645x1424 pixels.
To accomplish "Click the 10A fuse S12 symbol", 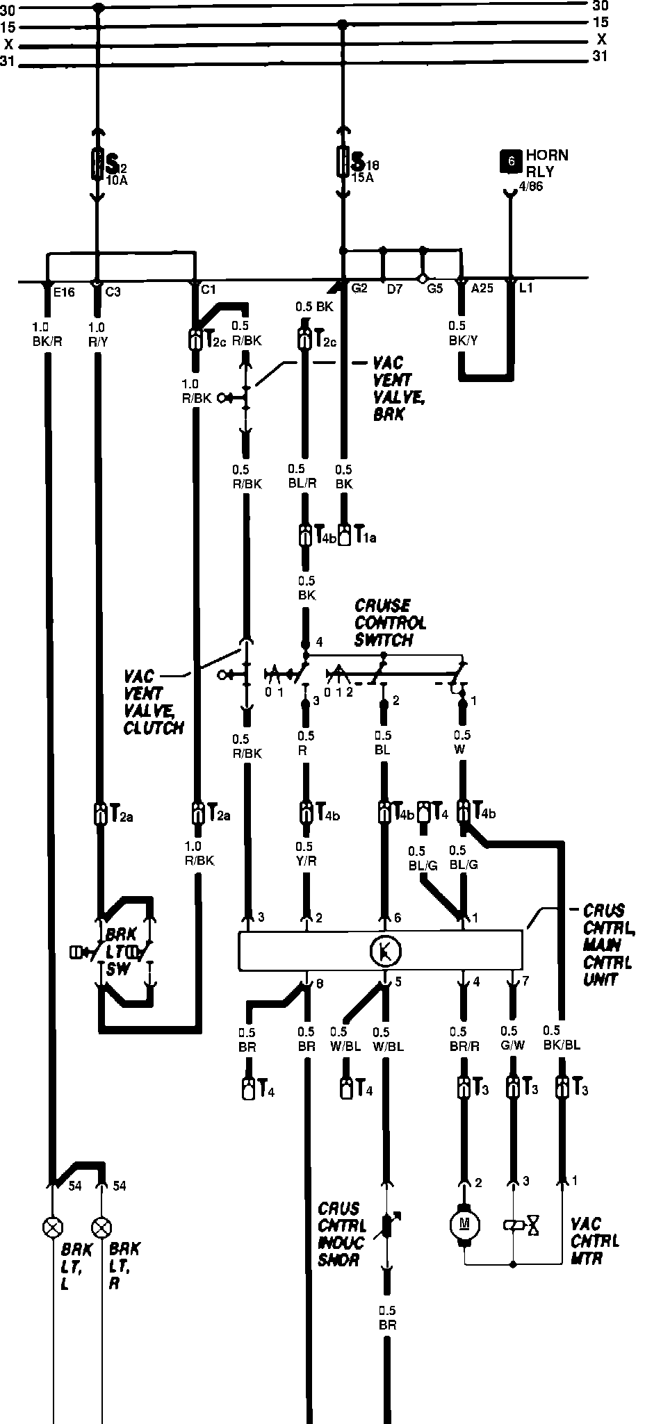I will coord(97,165).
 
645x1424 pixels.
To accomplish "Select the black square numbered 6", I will coord(511,161).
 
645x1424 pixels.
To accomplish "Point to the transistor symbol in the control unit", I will coord(383,950).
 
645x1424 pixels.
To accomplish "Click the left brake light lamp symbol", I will coord(51,1226).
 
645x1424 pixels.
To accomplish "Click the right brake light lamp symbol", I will coord(102,1226).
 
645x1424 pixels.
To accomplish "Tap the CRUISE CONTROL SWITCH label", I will coord(390,622).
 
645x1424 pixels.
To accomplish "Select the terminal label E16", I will coord(63,291).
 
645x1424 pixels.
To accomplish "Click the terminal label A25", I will coord(482,288).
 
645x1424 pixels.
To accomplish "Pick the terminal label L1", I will coord(525,288).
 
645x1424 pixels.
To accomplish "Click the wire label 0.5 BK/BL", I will coord(562,1038).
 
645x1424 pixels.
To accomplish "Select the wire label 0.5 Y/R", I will coord(304,854).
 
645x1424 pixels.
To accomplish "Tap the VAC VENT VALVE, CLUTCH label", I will coord(153,702).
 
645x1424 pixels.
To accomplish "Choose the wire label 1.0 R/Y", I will coord(97,334).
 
